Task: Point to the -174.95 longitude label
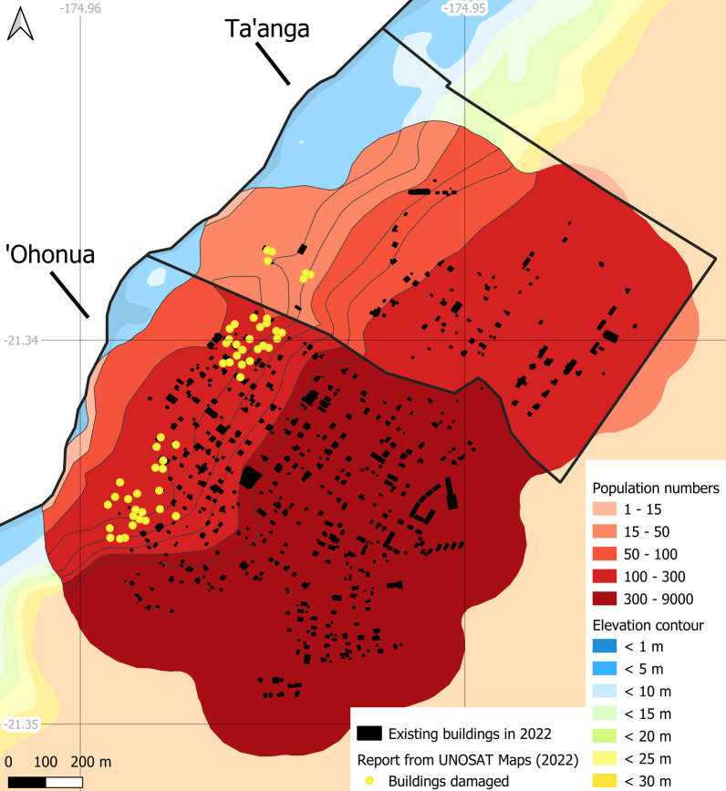(471, 9)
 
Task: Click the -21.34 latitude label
(20, 340)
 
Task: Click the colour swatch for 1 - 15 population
(607, 510)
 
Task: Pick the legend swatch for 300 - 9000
(607, 598)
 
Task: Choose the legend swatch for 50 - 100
(607, 554)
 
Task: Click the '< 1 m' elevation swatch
(607, 647)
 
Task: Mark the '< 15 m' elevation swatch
(607, 713)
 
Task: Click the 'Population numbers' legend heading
(656, 488)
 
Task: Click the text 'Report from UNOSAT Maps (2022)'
(468, 757)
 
